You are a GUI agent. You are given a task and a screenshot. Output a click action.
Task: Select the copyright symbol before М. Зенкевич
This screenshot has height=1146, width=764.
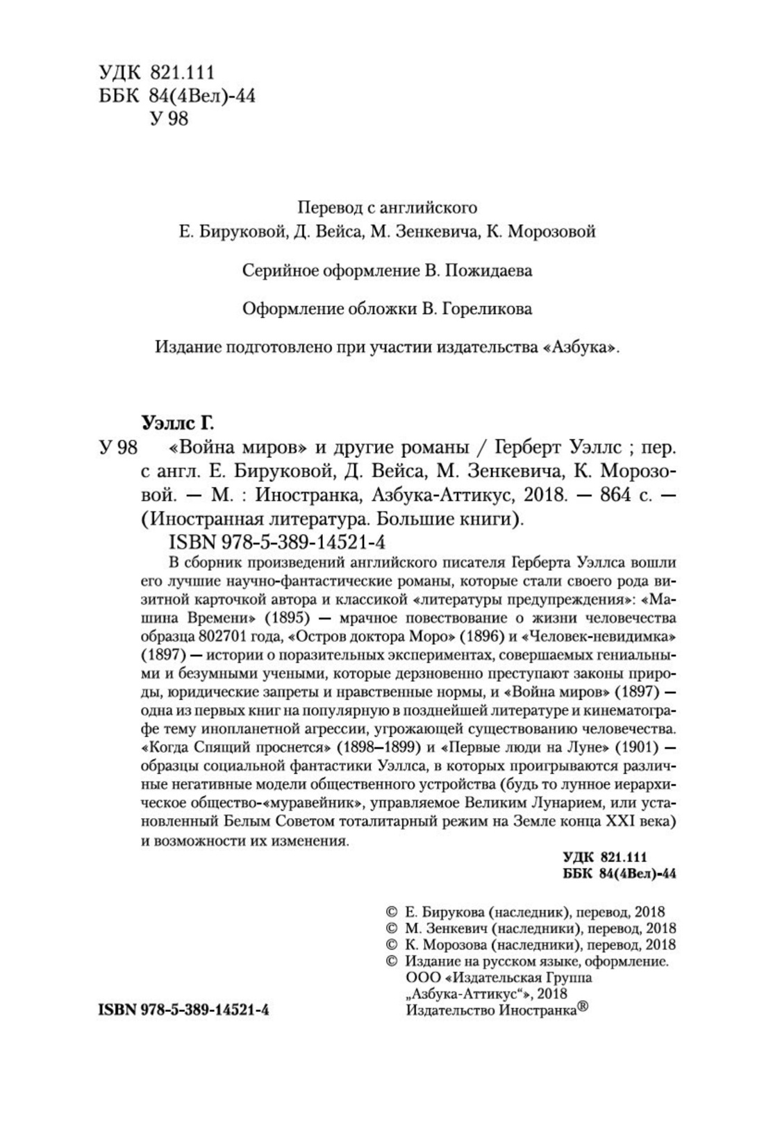click(390, 928)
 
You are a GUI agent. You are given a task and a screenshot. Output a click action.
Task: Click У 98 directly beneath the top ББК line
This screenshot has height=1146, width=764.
click(169, 119)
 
